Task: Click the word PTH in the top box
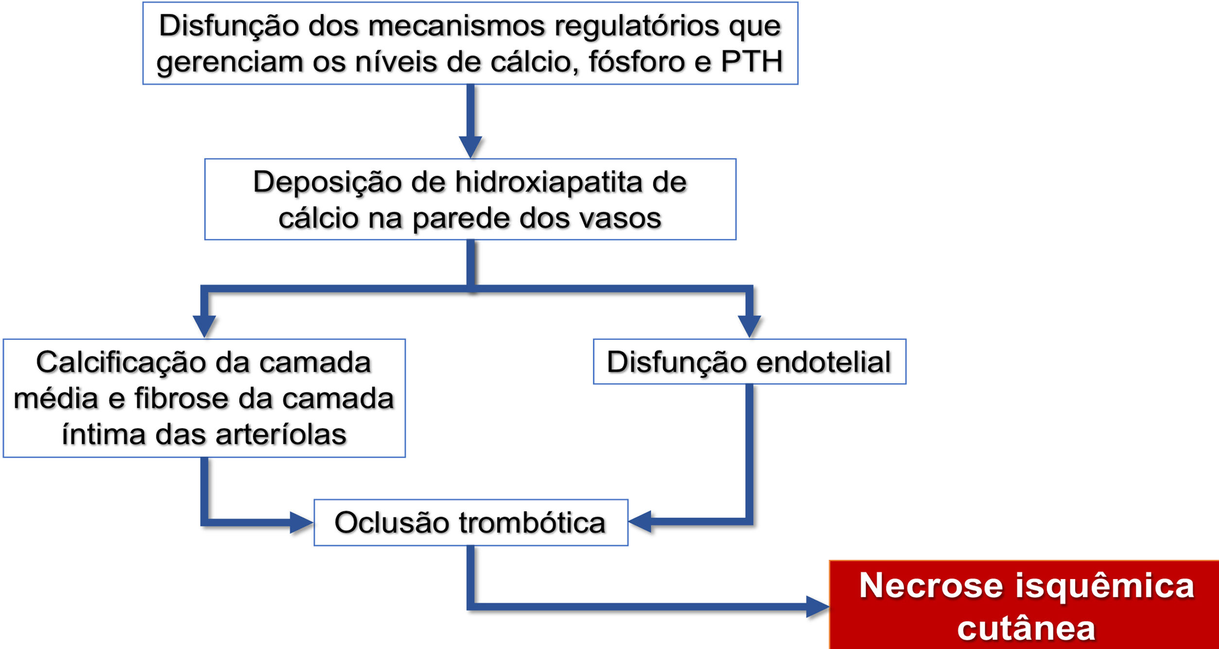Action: click(751, 62)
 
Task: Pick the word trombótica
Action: click(532, 523)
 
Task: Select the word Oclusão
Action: click(393, 523)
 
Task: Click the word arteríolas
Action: click(281, 434)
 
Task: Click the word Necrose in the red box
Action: click(931, 585)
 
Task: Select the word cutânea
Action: click(1026, 628)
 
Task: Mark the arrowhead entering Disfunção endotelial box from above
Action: click(749, 326)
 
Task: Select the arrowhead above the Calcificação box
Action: click(204, 326)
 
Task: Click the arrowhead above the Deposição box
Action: click(470, 146)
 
